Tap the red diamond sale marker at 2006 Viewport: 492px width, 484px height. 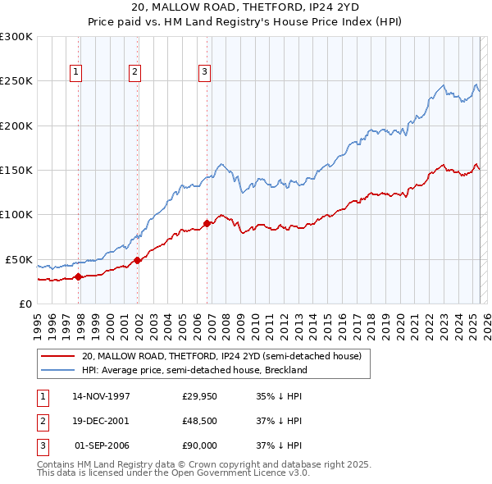tap(207, 223)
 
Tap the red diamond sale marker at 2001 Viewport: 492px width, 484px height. tap(138, 260)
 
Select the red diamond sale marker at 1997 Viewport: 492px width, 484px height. tap(78, 276)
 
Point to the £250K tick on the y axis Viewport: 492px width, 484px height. tap(16, 81)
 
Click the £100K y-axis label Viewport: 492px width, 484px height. tap(16, 214)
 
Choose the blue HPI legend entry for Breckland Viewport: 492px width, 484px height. tap(194, 370)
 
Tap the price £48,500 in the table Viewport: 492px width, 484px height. tap(198, 421)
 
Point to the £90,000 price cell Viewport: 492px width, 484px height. tap(198, 445)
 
